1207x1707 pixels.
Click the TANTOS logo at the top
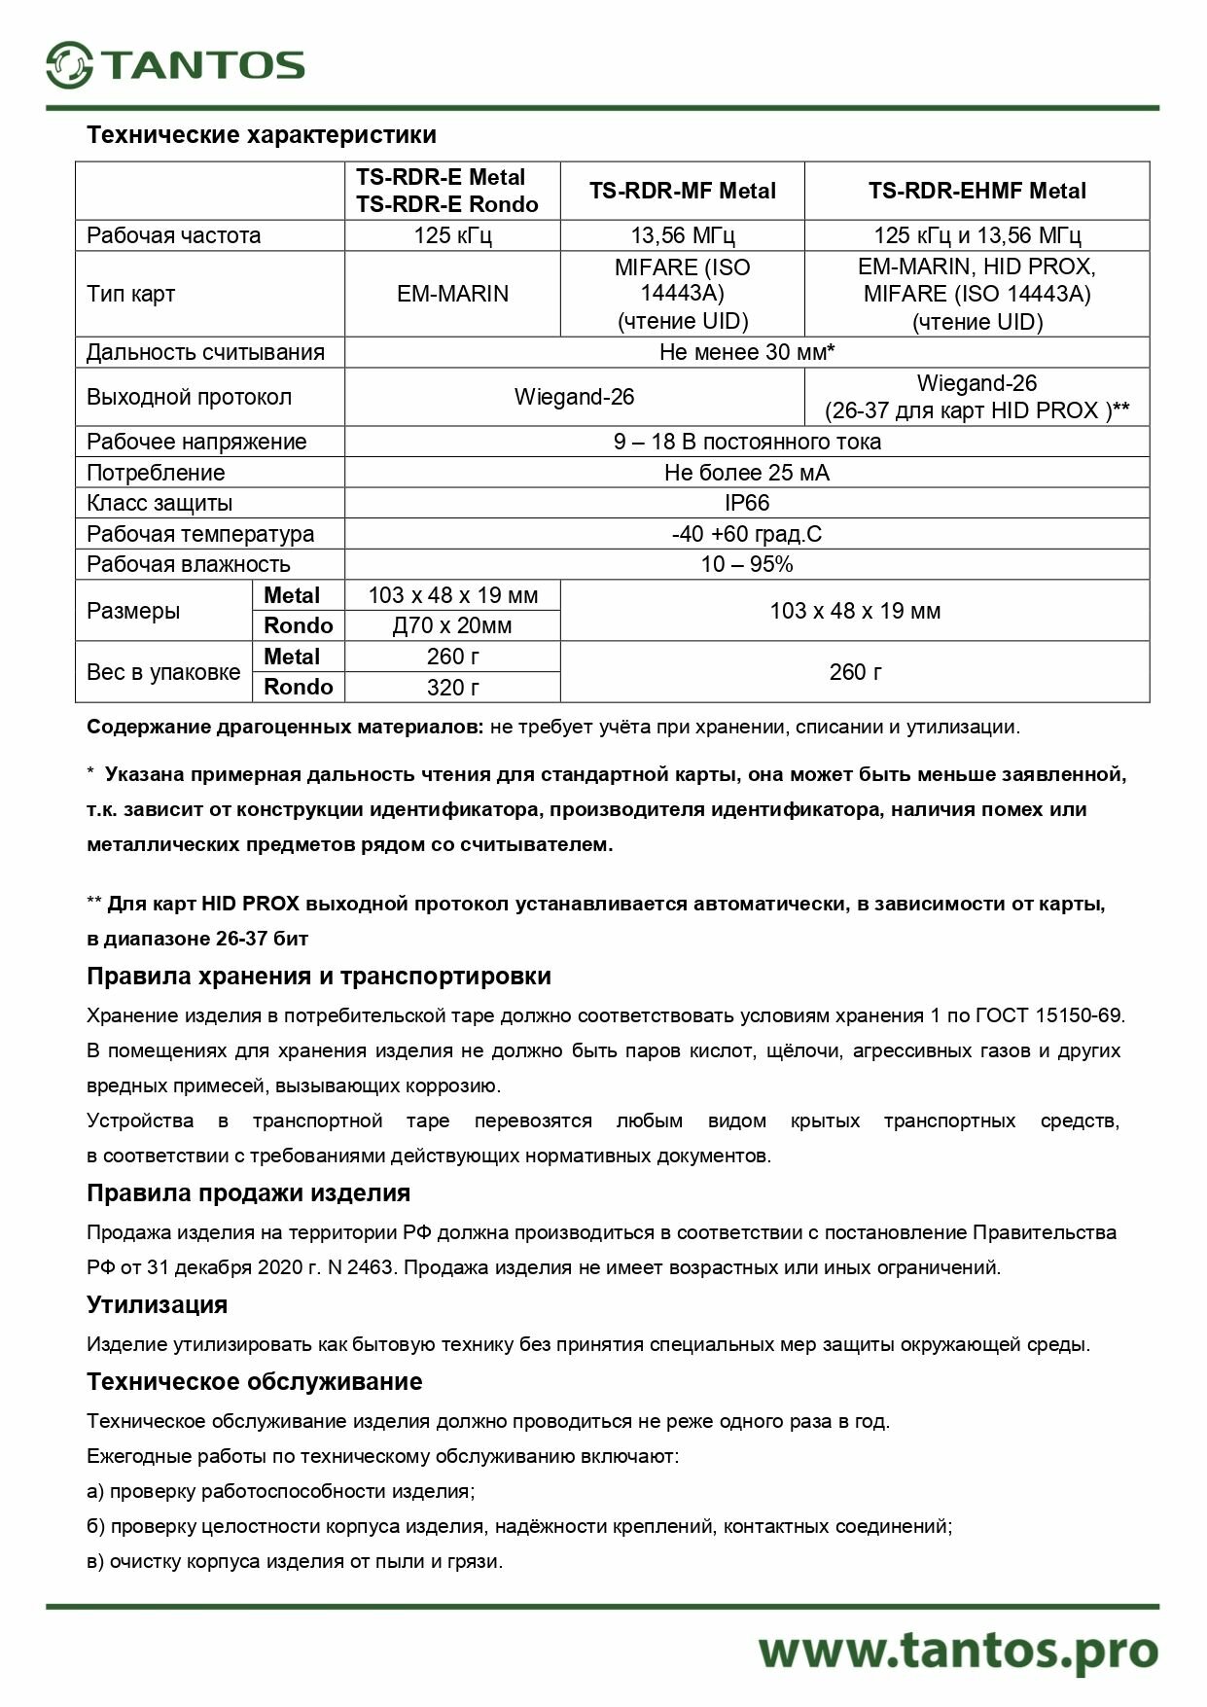click(x=175, y=65)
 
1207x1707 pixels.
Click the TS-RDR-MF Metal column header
click(x=682, y=191)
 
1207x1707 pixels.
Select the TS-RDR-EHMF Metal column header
click(x=976, y=191)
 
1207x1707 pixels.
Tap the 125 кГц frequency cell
click(x=452, y=235)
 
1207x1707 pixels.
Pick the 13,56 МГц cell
click(x=682, y=235)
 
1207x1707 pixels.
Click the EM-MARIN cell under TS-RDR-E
click(x=452, y=294)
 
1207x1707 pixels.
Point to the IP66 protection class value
click(x=746, y=503)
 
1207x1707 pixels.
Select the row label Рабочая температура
click(x=200, y=534)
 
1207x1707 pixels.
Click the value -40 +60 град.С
click(x=746, y=534)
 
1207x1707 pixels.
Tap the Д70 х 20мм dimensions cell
click(x=452, y=625)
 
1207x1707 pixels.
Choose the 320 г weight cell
click(x=452, y=687)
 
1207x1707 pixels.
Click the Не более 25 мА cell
click(x=746, y=473)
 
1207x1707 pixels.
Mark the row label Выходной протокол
click(x=189, y=397)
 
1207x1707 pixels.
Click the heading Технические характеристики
click(x=261, y=134)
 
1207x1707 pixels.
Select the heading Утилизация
click(x=157, y=1304)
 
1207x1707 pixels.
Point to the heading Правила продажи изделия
click(x=248, y=1192)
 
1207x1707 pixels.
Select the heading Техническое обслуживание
click(x=254, y=1381)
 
